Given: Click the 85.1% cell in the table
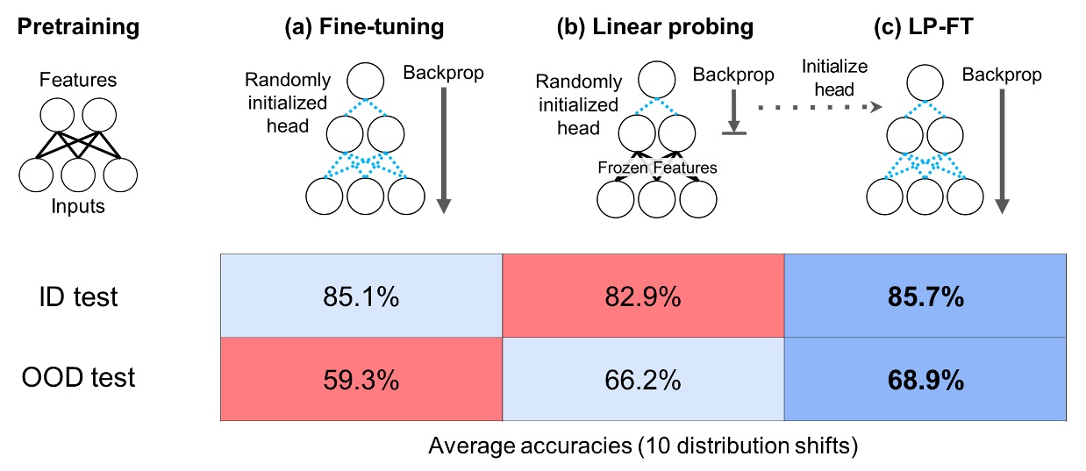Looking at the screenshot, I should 360,297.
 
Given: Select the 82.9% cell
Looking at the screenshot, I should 643,297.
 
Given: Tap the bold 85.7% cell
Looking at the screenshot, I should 925,297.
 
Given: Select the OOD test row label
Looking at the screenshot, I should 79,378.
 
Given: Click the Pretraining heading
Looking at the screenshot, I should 78,27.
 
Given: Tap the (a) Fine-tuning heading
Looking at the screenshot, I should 364,27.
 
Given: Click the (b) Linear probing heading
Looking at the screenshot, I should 654,27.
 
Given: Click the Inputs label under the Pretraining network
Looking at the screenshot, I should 78,207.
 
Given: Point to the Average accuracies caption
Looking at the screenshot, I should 642,446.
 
